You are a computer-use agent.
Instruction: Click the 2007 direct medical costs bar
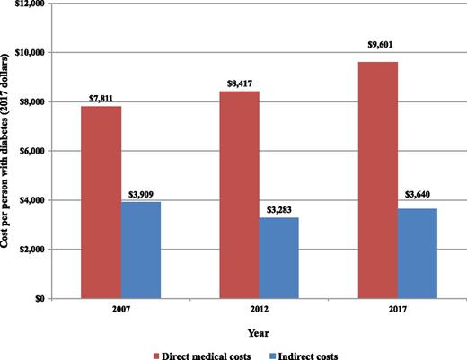[x=101, y=202]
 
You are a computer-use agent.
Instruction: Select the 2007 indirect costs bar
[x=141, y=250]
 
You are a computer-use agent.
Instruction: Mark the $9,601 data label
[x=377, y=54]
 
